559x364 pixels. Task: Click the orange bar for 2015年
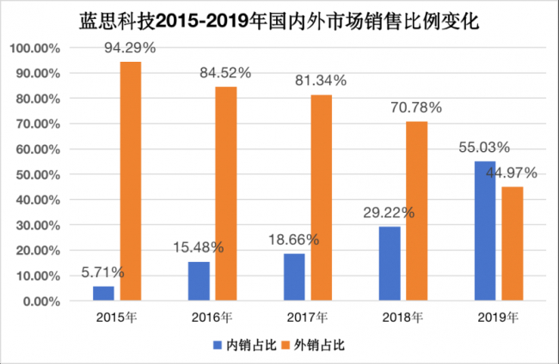pyautogui.click(x=131, y=182)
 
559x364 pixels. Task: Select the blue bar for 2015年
pyautogui.click(x=104, y=294)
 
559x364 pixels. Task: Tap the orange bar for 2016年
pyautogui.click(x=225, y=194)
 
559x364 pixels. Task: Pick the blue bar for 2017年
pyautogui.click(x=294, y=278)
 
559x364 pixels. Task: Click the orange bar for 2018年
pyautogui.click(x=416, y=212)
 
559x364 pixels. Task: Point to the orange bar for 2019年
pyautogui.click(x=512, y=245)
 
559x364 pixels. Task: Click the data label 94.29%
pyautogui.click(x=131, y=49)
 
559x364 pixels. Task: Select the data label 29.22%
pyautogui.click(x=389, y=212)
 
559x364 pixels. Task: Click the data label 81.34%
pyautogui.click(x=322, y=81)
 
